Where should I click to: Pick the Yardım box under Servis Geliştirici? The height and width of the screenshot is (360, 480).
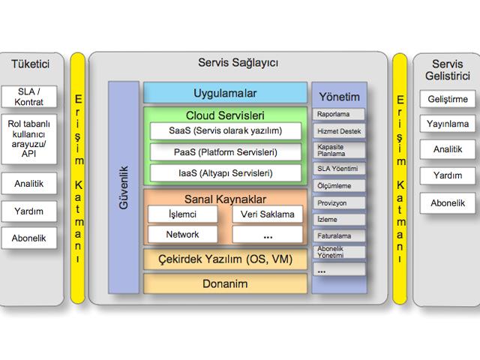click(x=447, y=176)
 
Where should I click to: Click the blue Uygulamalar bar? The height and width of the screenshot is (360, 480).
click(x=226, y=93)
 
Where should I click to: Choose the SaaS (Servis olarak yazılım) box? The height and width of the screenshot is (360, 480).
click(x=226, y=130)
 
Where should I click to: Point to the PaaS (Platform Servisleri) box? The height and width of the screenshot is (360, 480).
click(x=226, y=152)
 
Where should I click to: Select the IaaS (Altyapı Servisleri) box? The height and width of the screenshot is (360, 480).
click(x=226, y=173)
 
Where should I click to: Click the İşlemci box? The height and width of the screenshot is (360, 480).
click(x=182, y=214)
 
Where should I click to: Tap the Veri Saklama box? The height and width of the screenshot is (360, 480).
click(x=268, y=214)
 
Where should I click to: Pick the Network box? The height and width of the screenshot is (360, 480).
click(x=182, y=235)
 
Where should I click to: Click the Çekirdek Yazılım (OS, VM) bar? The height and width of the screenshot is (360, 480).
click(x=226, y=260)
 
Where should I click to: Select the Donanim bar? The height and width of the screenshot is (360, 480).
click(x=226, y=284)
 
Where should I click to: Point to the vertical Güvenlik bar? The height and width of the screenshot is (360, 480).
click(x=124, y=187)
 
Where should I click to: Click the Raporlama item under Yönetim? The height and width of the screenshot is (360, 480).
click(x=338, y=115)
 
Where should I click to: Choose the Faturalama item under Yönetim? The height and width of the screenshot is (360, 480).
click(x=338, y=235)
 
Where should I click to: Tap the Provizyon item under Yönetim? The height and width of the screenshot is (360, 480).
click(x=338, y=202)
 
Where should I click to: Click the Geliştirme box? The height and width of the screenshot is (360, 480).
click(x=447, y=99)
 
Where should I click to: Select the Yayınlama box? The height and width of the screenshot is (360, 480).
click(x=447, y=124)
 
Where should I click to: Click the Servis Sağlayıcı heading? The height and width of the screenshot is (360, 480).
click(x=238, y=63)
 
